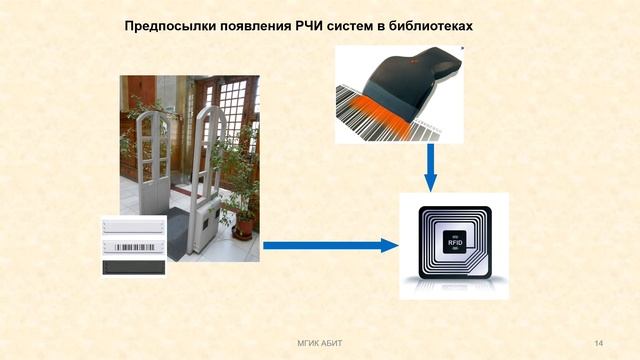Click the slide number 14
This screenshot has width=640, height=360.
point(598,344)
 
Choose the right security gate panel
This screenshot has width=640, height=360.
point(208,165)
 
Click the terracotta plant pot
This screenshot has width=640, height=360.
point(243,228)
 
